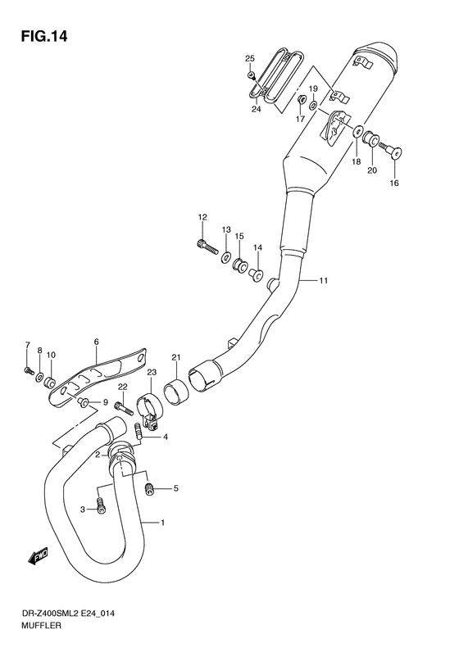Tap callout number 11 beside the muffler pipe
click(x=324, y=281)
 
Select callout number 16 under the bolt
click(x=394, y=183)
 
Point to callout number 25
click(x=250, y=57)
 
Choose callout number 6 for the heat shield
click(x=96, y=342)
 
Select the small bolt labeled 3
click(x=101, y=505)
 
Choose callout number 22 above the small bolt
click(x=121, y=386)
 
